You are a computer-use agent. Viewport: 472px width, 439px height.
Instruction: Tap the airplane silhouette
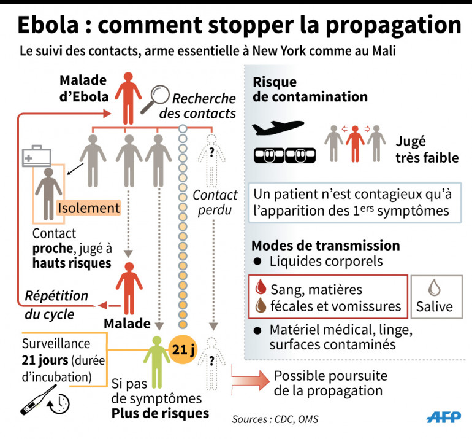(278, 128)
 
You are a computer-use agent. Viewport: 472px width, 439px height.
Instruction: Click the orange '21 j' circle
(183, 350)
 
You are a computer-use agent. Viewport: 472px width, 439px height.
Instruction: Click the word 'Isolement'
(89, 209)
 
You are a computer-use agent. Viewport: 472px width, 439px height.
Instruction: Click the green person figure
(157, 365)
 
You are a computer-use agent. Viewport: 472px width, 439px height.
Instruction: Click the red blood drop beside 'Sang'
(259, 289)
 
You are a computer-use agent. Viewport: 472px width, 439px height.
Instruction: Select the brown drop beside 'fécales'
(259, 305)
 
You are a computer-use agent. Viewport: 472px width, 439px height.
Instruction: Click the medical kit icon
(37, 156)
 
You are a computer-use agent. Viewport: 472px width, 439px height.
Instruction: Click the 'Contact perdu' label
(215, 203)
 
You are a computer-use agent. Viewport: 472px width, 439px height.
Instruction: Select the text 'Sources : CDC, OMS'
(275, 419)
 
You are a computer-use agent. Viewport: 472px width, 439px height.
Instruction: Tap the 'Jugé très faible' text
(427, 150)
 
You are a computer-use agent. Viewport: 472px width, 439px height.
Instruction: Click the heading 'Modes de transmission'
(325, 246)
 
